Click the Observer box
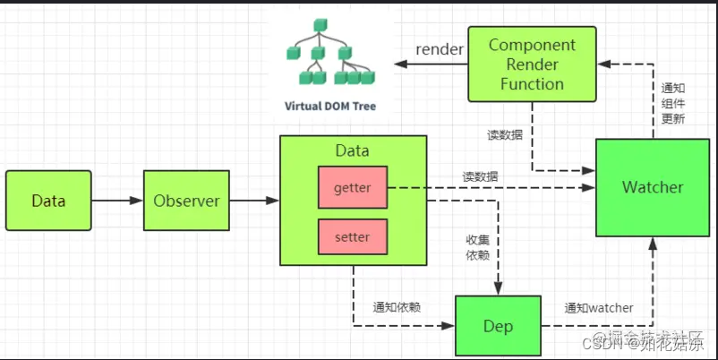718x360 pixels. pos(186,201)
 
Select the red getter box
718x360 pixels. pos(352,188)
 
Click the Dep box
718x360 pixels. pos(498,325)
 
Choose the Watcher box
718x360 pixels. pos(652,188)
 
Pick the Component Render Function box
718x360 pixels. pos(532,64)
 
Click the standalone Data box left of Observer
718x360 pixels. pos(48,201)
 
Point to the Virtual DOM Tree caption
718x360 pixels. pos(330,106)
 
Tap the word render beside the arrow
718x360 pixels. pos(438,49)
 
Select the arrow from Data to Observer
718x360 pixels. pos(117,201)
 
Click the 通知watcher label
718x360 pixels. pos(598,308)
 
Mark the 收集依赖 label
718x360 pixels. pos(476,248)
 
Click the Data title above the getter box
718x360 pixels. pos(352,151)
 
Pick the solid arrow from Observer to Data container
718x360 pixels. pos(254,201)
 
